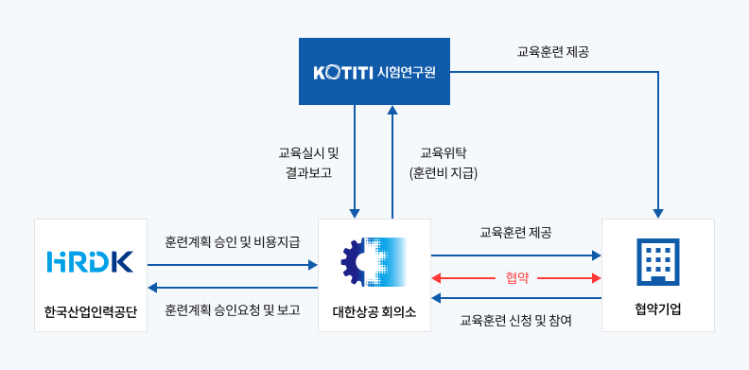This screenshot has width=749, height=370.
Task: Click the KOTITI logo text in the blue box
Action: click(x=341, y=72)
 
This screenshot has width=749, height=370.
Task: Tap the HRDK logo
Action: click(x=90, y=259)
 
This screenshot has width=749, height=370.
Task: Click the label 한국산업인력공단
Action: click(x=91, y=311)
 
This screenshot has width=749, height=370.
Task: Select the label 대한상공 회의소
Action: click(x=374, y=311)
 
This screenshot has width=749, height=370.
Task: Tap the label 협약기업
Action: click(x=657, y=310)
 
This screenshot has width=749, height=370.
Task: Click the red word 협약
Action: click(x=516, y=278)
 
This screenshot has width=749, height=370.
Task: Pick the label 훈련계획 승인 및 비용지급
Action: click(x=233, y=242)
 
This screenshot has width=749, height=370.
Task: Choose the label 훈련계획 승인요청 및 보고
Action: click(x=233, y=309)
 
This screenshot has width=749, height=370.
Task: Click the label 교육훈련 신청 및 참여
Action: click(x=515, y=320)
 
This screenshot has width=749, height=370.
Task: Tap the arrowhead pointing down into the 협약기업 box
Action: click(x=657, y=212)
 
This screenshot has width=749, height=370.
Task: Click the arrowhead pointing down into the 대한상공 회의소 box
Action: click(x=355, y=212)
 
